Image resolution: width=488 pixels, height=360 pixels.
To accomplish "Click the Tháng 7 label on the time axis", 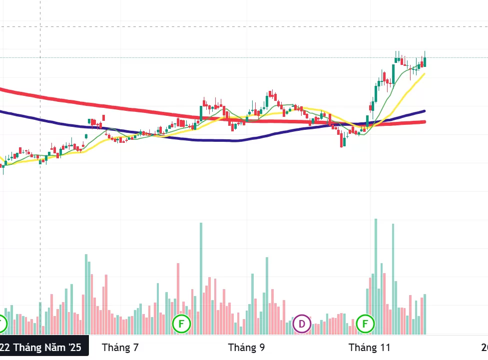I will pos(120,348).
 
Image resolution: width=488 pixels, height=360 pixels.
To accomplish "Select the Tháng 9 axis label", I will pos(246,348).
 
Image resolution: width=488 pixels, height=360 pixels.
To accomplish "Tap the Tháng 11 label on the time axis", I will pos(369,348).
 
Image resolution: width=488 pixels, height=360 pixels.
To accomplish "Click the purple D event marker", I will pos(302,324).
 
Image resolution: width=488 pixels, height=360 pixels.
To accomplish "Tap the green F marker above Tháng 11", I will pos(365,324).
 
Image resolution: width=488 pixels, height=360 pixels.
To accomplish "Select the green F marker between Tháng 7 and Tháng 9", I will pos(181,324).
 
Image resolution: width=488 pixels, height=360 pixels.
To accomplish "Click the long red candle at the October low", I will pos(342,140).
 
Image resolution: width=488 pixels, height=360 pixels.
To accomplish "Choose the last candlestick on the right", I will pos(425,61).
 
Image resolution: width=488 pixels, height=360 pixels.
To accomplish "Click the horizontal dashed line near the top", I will pos(250,26).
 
